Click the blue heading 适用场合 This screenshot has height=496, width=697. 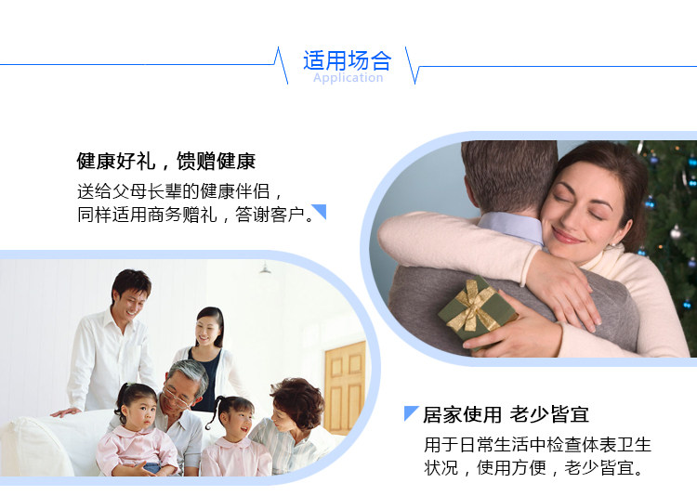348,60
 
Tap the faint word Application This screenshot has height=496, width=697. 348,78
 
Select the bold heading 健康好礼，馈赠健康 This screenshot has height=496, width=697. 166,161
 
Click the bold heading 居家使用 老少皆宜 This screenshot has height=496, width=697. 506,414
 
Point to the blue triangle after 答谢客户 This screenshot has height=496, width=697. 321,210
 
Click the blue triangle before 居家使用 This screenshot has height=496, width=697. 410,412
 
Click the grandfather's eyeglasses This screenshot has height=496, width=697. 177,397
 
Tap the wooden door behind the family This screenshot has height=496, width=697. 345,387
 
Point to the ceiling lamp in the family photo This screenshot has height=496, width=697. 266,268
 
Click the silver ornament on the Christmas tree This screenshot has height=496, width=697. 677,231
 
